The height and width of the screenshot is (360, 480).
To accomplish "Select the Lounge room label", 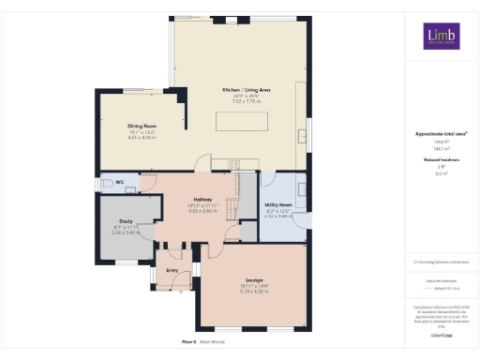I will click(x=254, y=280).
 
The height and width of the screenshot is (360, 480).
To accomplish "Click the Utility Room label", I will click(x=279, y=203).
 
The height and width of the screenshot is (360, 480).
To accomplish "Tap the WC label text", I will click(x=119, y=181).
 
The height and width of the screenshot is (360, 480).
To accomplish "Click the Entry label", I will click(x=172, y=271).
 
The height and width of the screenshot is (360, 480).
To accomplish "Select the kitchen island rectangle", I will click(x=240, y=122).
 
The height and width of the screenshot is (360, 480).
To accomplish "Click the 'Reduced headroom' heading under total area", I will click(x=441, y=160).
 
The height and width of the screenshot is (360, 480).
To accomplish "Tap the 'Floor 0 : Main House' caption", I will click(x=202, y=342).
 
